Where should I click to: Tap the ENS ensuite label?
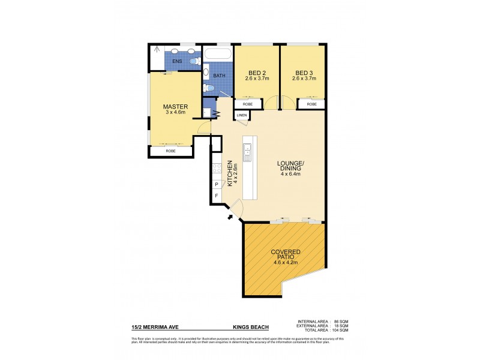[x=178, y=61]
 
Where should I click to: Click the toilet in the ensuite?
[x=193, y=61]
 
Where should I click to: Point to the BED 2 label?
[x=256, y=72]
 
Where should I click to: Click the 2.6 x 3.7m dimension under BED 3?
[x=303, y=79]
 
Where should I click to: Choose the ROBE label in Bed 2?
[x=248, y=104]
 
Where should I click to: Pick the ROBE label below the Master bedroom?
[x=171, y=152]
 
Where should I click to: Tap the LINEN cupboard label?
[x=241, y=115]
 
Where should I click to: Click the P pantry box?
[x=216, y=185]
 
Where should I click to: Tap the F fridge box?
[x=216, y=196]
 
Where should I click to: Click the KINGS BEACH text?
[x=250, y=328]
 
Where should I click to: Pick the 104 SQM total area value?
[x=340, y=331]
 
